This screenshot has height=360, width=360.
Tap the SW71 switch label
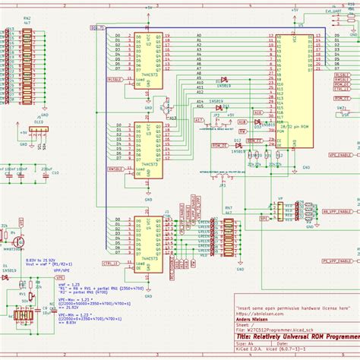[341, 109]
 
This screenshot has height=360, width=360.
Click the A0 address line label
[199, 36]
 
